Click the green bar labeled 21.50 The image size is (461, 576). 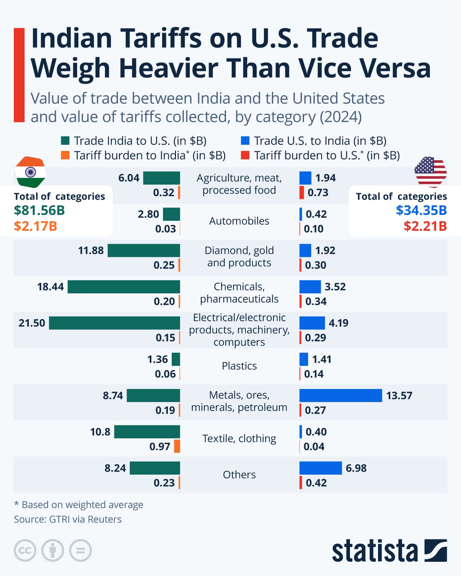[x=114, y=323]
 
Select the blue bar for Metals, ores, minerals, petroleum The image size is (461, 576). [x=340, y=396]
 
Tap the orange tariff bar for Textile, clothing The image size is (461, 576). [x=177, y=446]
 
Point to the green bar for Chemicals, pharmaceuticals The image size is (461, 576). [x=124, y=287]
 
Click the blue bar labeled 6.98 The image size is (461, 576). [x=320, y=468]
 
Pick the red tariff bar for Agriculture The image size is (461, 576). [x=302, y=192]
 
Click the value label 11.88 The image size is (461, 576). [x=91, y=250]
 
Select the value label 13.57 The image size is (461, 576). [x=399, y=396]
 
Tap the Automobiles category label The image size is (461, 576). [x=239, y=221]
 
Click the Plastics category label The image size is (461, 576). [x=239, y=366]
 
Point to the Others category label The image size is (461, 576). [x=239, y=475]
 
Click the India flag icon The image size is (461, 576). [x=30, y=172]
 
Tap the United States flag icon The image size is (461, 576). [x=431, y=171]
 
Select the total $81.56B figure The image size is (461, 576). [x=39, y=210]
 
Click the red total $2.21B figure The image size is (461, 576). [x=425, y=226]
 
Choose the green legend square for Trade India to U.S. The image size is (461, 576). [x=65, y=141]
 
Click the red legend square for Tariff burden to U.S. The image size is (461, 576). [x=245, y=156]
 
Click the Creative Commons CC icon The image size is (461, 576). [x=25, y=550]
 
